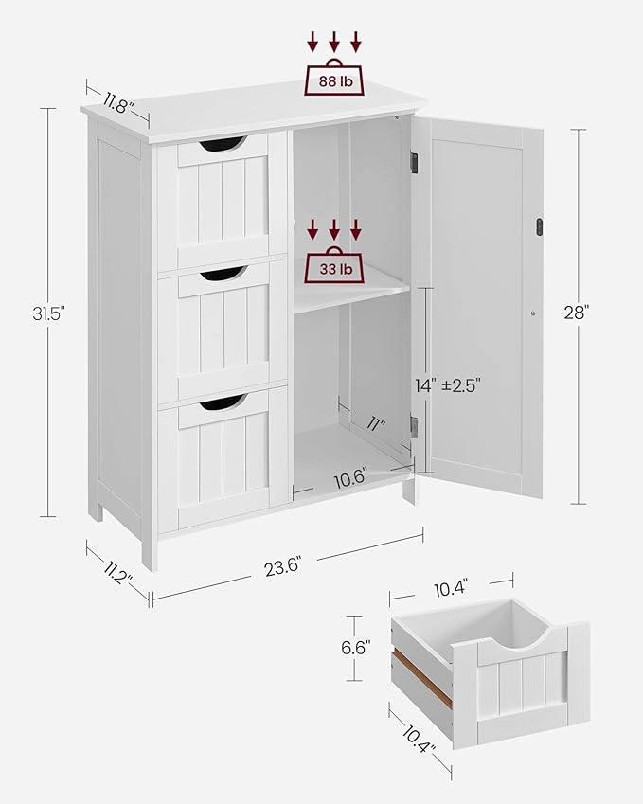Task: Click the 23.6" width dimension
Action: coord(284,568)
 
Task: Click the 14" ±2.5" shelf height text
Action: coord(448,385)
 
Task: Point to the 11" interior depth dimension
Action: coord(376,424)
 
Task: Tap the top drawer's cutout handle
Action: coord(222,144)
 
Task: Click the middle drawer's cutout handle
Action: coord(222,274)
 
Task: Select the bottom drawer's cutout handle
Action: coord(222,403)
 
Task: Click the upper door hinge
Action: coord(414,163)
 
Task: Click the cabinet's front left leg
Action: coord(150,554)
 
